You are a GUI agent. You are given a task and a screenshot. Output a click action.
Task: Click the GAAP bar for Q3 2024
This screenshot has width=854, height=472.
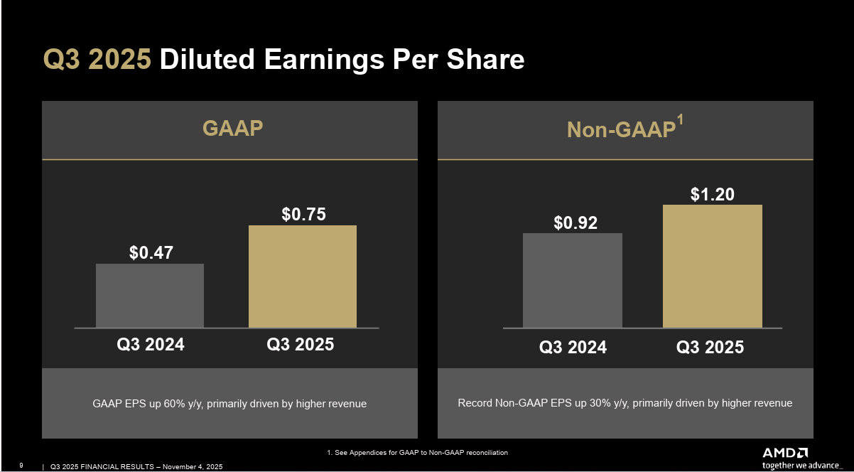click(x=150, y=296)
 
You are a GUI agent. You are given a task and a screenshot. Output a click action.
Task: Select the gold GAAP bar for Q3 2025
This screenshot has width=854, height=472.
click(x=302, y=277)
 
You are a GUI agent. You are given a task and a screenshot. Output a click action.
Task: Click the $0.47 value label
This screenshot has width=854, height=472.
click(x=151, y=252)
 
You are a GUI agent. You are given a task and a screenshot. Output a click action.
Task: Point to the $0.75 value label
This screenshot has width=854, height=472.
click(x=303, y=214)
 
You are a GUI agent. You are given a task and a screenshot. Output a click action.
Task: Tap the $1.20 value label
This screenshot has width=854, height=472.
click(x=712, y=194)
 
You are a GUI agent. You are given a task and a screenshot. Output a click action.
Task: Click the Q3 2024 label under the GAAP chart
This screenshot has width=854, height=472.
click(x=150, y=345)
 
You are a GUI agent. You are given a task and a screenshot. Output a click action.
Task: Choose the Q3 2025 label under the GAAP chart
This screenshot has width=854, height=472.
click(x=300, y=345)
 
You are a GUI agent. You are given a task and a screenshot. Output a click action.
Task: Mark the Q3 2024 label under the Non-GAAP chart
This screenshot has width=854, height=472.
click(x=573, y=348)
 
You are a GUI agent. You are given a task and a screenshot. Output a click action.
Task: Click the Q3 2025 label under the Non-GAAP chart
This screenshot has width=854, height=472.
click(x=710, y=348)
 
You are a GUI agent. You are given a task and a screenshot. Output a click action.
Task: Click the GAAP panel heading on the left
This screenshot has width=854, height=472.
click(x=232, y=128)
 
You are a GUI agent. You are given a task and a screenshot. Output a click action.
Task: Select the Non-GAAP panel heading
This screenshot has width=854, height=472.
click(x=620, y=130)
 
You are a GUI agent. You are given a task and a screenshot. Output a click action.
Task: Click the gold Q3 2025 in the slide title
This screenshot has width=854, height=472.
click(x=97, y=60)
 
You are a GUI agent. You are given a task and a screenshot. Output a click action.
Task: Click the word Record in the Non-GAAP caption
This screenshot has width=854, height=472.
click(x=474, y=403)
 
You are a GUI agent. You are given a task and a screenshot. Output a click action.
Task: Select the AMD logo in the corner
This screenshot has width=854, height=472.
click(x=785, y=453)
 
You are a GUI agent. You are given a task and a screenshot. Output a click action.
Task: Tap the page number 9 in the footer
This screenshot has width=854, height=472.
click(x=21, y=466)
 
